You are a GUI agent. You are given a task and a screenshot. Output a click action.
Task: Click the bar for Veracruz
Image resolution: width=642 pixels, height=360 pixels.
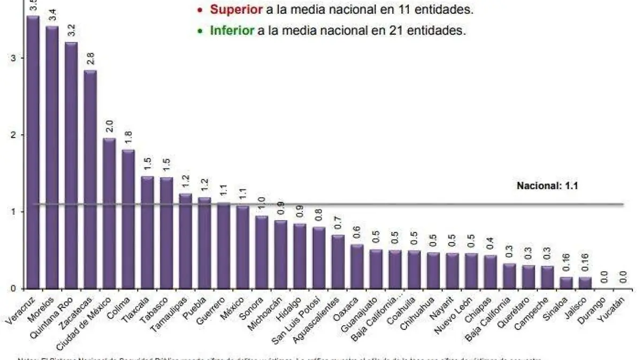(x=33, y=152)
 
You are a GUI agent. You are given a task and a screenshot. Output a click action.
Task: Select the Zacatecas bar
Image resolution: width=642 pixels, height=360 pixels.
(x=90, y=179)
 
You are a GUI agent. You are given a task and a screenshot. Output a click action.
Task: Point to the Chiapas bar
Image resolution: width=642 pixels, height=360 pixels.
(x=491, y=272)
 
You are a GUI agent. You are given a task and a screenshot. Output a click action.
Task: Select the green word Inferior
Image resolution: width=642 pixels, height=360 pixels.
(x=232, y=30)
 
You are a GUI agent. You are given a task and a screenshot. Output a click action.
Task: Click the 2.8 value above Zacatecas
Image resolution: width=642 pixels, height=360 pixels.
(x=90, y=58)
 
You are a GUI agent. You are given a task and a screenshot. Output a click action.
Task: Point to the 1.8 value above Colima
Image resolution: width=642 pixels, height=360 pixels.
(x=128, y=138)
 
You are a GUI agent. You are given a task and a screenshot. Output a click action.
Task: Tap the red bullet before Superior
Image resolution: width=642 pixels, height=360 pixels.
(x=200, y=10)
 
